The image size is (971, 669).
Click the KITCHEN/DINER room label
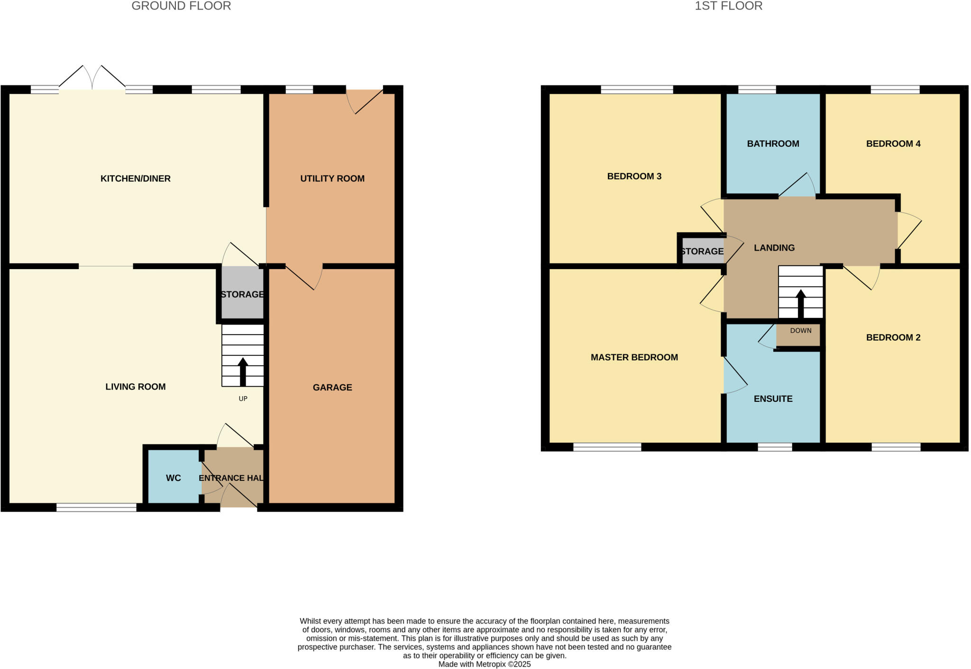pos(135,179)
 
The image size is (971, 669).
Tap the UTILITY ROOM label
pos(332,179)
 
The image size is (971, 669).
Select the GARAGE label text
pos(332,388)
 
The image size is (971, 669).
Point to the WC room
pos(173,478)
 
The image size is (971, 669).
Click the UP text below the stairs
pos(243,399)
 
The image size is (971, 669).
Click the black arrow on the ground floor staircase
pos(243,371)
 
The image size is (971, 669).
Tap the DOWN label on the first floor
pos(800,331)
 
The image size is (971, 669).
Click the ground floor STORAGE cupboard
pos(242,295)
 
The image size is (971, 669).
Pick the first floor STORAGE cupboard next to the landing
pos(702,252)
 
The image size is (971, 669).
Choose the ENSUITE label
pos(773,399)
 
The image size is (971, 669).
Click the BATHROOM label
pos(773,144)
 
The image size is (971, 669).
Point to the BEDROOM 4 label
pos(893,144)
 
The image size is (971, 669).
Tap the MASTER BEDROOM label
pos(634,357)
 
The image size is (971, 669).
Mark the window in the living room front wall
pos(96,508)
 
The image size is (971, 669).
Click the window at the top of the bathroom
pos(757,90)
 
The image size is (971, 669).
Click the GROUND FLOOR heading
pos(181,6)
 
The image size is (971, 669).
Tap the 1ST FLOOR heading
pos(728,6)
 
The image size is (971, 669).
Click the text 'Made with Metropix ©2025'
pos(484,664)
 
